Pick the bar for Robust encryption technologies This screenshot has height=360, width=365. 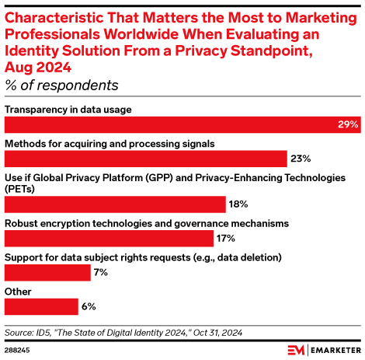[109, 238]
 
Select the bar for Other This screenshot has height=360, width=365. [41, 306]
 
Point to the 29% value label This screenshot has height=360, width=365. [348, 124]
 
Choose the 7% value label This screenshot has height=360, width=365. [100, 272]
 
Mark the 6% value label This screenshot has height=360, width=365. [89, 306]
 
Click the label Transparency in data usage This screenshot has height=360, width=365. [68, 109]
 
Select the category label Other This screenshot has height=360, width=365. [19, 292]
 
